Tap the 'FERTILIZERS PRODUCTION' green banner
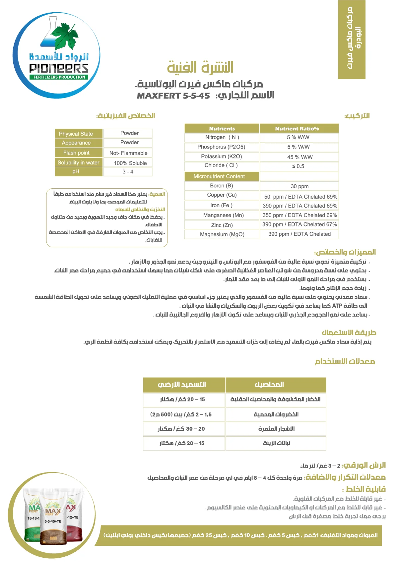[x=59, y=77]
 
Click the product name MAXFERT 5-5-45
[x=173, y=96]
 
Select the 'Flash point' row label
[x=76, y=153]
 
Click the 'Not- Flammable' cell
[x=128, y=153]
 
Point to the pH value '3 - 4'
[x=128, y=172]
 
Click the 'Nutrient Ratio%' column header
[x=297, y=129]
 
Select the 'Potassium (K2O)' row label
[x=221, y=156]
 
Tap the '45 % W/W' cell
[x=299, y=157]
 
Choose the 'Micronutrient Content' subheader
[x=219, y=176]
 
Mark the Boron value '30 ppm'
[x=299, y=186]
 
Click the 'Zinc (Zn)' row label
[x=222, y=225]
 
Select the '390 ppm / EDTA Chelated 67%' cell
[x=299, y=224]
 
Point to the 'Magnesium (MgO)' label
[x=222, y=234]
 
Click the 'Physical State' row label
[x=76, y=134]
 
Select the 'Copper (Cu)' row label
[x=222, y=195]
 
